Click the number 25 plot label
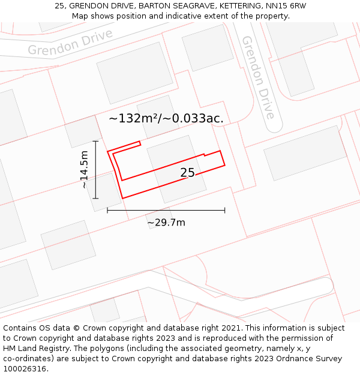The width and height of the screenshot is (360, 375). coord(187,173)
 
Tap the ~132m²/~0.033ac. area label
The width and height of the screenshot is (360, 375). coord(166,118)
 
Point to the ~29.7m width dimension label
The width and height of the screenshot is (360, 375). coord(166,223)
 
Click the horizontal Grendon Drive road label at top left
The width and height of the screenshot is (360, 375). coord(70,43)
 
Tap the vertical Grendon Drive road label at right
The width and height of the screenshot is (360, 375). coord(259,76)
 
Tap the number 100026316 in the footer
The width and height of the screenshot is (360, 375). coord(23,369)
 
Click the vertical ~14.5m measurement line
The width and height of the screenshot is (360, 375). coord(95,169)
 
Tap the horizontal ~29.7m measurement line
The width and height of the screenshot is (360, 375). coord(166,211)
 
